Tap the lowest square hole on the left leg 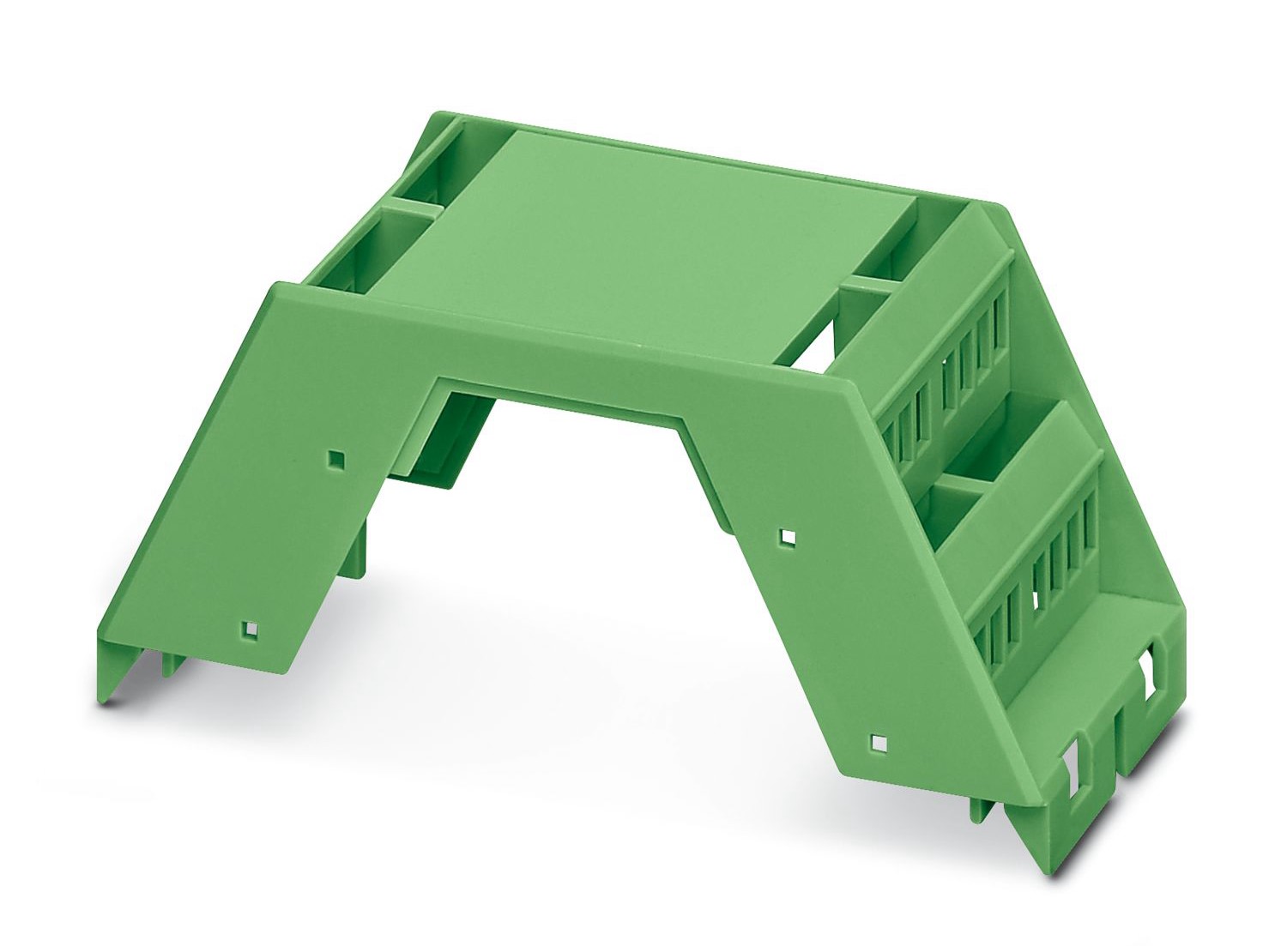click(x=249, y=630)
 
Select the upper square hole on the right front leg click(x=788, y=538)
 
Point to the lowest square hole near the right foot click(x=878, y=742)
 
